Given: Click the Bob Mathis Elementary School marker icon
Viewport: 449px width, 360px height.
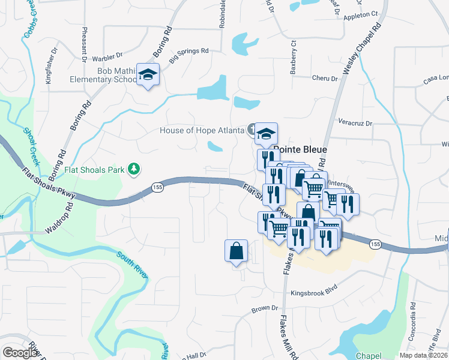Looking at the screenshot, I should coord(148,75).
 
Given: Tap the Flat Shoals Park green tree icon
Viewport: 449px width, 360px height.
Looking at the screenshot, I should coord(136,170).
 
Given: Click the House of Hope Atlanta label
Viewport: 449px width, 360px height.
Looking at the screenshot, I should coord(202,130).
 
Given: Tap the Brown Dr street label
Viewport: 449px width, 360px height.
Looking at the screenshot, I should coord(265,309).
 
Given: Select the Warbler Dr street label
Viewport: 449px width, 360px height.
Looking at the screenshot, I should coord(107,59).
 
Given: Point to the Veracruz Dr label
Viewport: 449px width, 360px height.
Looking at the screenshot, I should coord(355,123).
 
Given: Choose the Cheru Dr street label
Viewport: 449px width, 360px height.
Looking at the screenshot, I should coord(327,78).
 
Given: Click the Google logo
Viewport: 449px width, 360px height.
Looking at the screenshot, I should coord(21,352).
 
